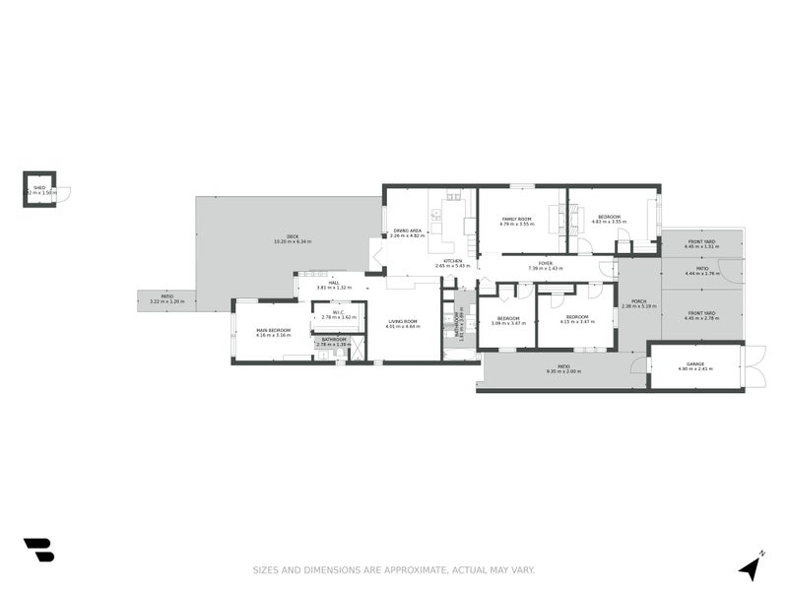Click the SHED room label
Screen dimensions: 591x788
[39, 186]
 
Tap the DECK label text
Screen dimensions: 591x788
[293, 235]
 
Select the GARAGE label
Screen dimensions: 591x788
[695, 363]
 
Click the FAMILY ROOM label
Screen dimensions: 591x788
[517, 219]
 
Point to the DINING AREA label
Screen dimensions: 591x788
[407, 230]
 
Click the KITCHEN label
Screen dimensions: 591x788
[453, 261]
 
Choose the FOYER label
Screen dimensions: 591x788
[545, 263]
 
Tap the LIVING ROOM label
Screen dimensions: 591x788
[403, 321]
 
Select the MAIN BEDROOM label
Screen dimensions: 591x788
[275, 330]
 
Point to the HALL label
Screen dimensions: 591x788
[335, 283]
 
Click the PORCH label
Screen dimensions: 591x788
[639, 301]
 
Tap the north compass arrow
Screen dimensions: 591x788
[753, 566]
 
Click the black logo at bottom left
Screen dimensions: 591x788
[38, 550]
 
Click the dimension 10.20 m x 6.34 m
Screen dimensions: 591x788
[293, 241]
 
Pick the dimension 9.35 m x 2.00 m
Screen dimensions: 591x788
[563, 371]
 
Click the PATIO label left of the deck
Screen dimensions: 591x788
[167, 295]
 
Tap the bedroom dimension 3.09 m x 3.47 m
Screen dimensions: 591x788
[508, 323]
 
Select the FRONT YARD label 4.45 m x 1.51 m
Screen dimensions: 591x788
[702, 246]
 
